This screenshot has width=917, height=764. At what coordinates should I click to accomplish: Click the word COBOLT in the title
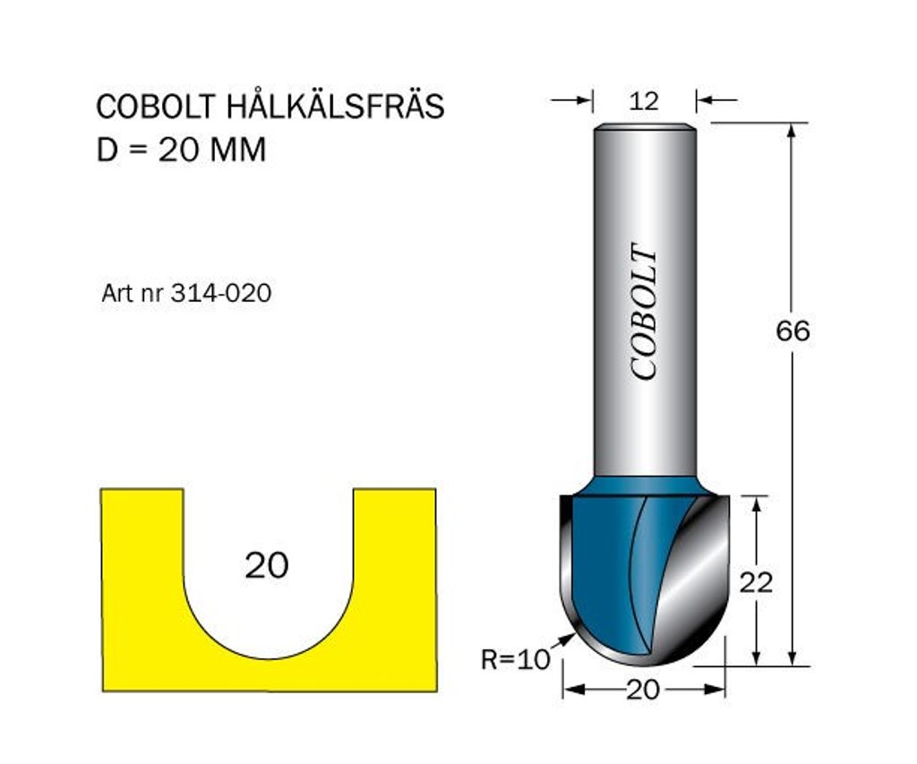coord(156,107)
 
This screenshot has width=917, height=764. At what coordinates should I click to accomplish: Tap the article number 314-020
coord(221,293)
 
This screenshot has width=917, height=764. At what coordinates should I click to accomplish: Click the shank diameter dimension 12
coord(644,102)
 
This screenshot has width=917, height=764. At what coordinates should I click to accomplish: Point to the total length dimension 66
coord(793,331)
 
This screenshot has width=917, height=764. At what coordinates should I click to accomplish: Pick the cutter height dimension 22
coord(756,582)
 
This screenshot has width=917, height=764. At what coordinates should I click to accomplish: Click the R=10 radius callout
coord(515,660)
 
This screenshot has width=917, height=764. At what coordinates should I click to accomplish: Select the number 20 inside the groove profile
coord(267,565)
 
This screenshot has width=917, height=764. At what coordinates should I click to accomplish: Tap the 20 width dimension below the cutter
coord(643,691)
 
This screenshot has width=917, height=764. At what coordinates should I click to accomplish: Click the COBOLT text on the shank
coord(645,312)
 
